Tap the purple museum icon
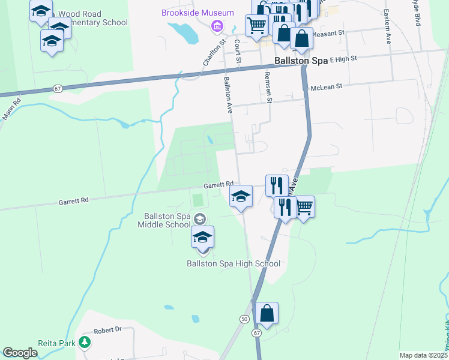217,26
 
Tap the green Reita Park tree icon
86,343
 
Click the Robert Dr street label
109,330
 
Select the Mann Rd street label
11,109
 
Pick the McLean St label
326,87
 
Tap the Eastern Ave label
388,26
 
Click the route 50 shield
244,319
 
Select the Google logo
20,353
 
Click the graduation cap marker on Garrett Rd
241,197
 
